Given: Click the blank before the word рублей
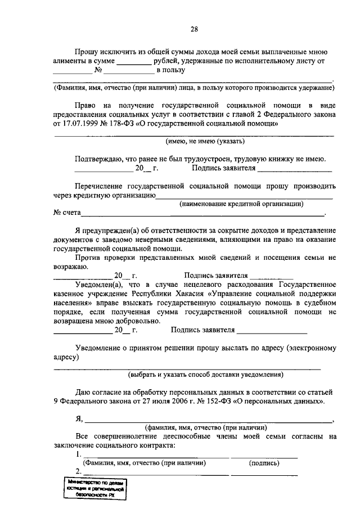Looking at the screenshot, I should tap(133, 61).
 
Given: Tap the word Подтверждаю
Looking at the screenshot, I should tap(102, 159).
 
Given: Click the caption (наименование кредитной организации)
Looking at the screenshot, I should tap(241, 204).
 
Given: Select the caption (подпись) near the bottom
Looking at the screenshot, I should tap(264, 463).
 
